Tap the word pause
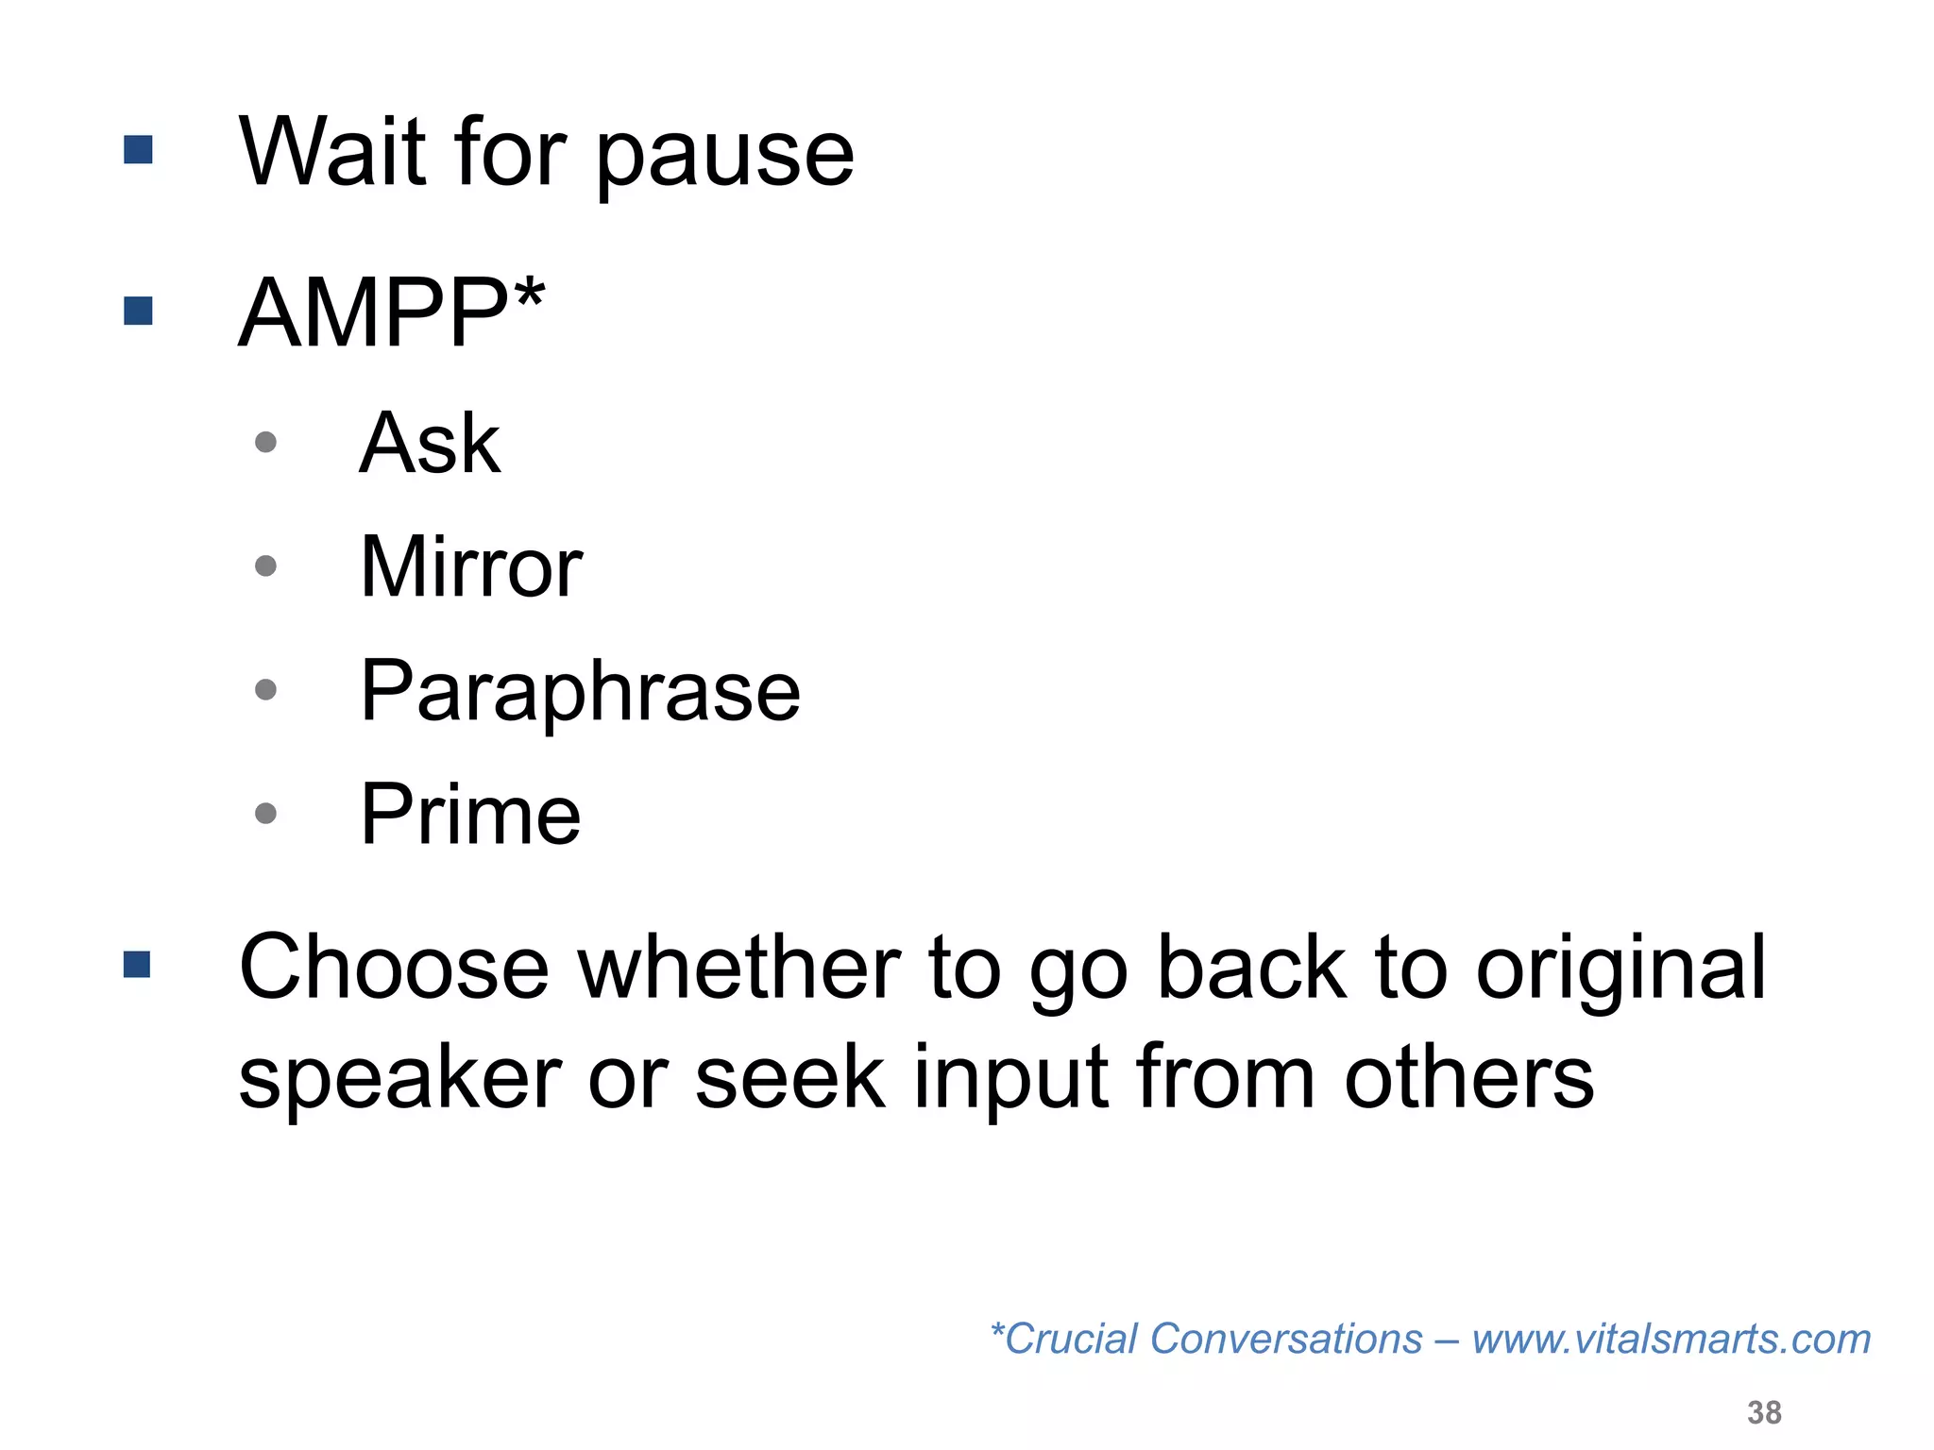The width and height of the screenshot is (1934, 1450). click(x=724, y=156)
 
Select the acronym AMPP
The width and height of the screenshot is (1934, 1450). click(x=373, y=312)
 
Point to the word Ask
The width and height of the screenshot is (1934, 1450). click(x=430, y=443)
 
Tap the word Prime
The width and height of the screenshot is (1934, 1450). click(x=470, y=814)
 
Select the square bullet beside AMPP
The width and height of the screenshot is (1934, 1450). click(x=138, y=311)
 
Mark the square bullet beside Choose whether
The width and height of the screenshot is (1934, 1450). click(x=137, y=964)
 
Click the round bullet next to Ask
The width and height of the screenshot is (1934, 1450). click(x=266, y=442)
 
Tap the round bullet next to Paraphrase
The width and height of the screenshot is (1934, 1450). click(x=266, y=690)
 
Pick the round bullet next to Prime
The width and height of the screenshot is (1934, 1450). click(x=266, y=813)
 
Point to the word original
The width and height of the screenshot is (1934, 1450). click(x=1620, y=970)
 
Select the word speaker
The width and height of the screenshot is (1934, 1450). click(x=400, y=1078)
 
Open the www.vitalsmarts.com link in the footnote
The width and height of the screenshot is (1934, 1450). click(x=1671, y=1339)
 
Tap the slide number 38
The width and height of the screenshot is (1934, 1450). click(x=1764, y=1412)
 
